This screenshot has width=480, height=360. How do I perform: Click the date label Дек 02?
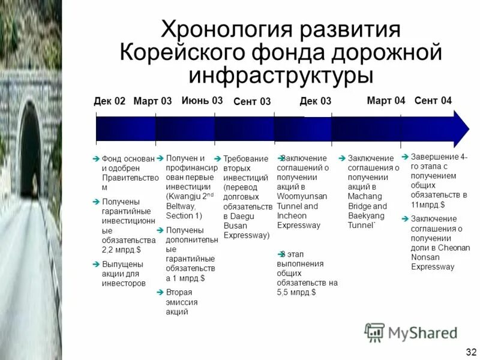110,101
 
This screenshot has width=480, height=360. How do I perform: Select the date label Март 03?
152,101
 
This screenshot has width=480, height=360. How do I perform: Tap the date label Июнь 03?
202,100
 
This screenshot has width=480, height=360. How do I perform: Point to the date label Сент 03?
252,102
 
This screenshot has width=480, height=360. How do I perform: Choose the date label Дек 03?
316,101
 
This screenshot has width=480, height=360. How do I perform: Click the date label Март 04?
386,100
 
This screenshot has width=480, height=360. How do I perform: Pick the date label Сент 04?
433,100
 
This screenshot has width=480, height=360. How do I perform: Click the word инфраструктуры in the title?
281,74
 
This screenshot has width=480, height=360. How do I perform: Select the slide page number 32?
470,351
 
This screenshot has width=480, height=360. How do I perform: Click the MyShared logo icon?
375,332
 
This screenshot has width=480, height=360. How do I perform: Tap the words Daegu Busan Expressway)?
245,225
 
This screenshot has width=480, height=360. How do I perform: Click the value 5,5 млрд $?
296,292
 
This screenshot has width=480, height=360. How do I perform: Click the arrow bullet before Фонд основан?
96,158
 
